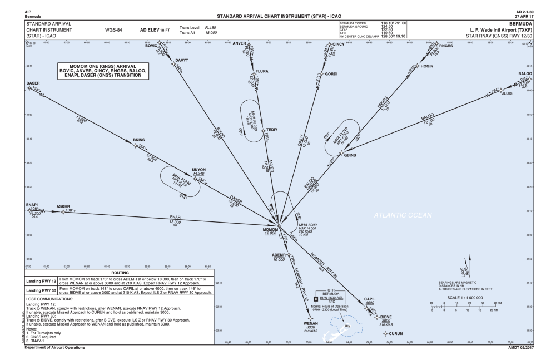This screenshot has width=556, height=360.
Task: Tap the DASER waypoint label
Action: tap(33, 83)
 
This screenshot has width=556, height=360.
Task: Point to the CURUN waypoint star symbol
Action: tap(388, 334)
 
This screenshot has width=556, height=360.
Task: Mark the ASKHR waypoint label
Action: tap(66, 205)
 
